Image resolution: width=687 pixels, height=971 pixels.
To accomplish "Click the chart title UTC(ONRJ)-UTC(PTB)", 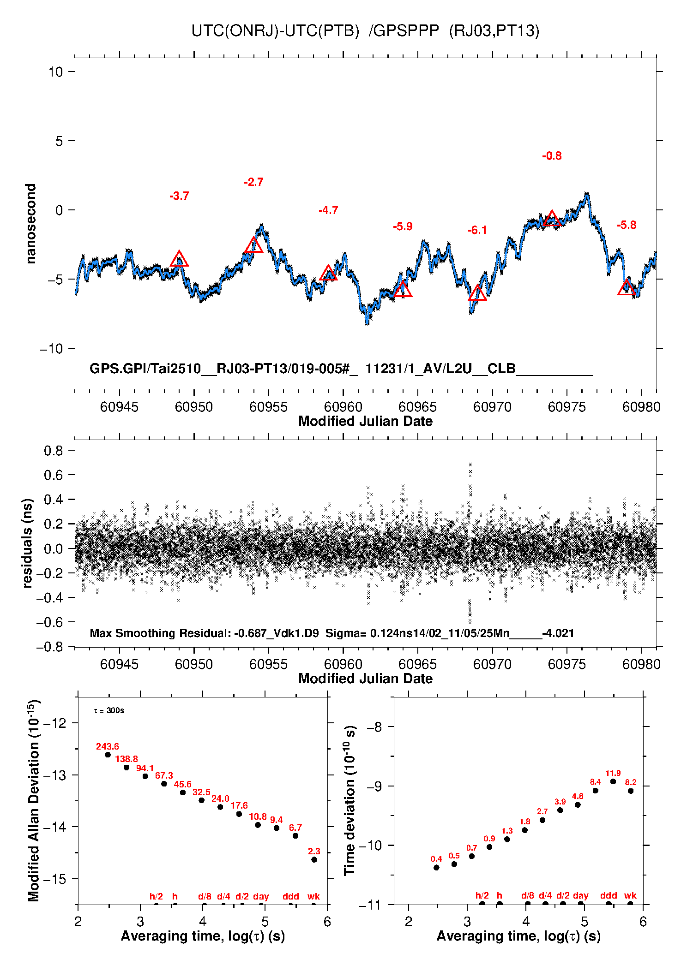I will click(x=275, y=31).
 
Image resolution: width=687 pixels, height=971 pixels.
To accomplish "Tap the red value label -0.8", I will click(x=552, y=156).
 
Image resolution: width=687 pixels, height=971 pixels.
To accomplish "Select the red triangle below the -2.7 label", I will click(x=253, y=245).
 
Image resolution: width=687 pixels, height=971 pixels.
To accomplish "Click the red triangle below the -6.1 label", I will click(x=477, y=293).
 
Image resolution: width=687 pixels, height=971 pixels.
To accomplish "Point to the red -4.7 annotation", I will click(x=328, y=210).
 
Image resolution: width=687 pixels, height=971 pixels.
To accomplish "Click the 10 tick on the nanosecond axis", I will click(x=56, y=72).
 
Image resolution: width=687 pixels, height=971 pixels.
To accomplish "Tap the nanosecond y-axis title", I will click(x=30, y=224).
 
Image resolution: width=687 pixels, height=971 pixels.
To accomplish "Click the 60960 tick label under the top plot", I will click(x=343, y=407).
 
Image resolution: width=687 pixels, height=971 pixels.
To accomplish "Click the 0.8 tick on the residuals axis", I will click(x=53, y=451).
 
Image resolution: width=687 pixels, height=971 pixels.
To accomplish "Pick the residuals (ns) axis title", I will click(x=27, y=543).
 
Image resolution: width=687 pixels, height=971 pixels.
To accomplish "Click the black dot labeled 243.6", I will click(x=108, y=755).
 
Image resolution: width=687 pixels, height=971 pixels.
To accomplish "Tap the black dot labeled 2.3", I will click(x=314, y=860).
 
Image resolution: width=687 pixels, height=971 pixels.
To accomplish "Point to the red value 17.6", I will click(x=239, y=806).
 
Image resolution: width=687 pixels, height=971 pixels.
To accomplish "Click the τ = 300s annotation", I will click(x=109, y=711).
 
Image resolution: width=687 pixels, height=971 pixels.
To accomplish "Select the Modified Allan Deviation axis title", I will click(x=33, y=801).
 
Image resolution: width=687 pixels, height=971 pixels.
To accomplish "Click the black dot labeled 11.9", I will click(x=613, y=782).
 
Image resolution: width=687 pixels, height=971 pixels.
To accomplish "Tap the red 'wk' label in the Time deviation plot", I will click(x=630, y=896).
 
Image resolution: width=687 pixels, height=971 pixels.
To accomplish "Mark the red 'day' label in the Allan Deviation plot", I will click(x=261, y=896).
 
